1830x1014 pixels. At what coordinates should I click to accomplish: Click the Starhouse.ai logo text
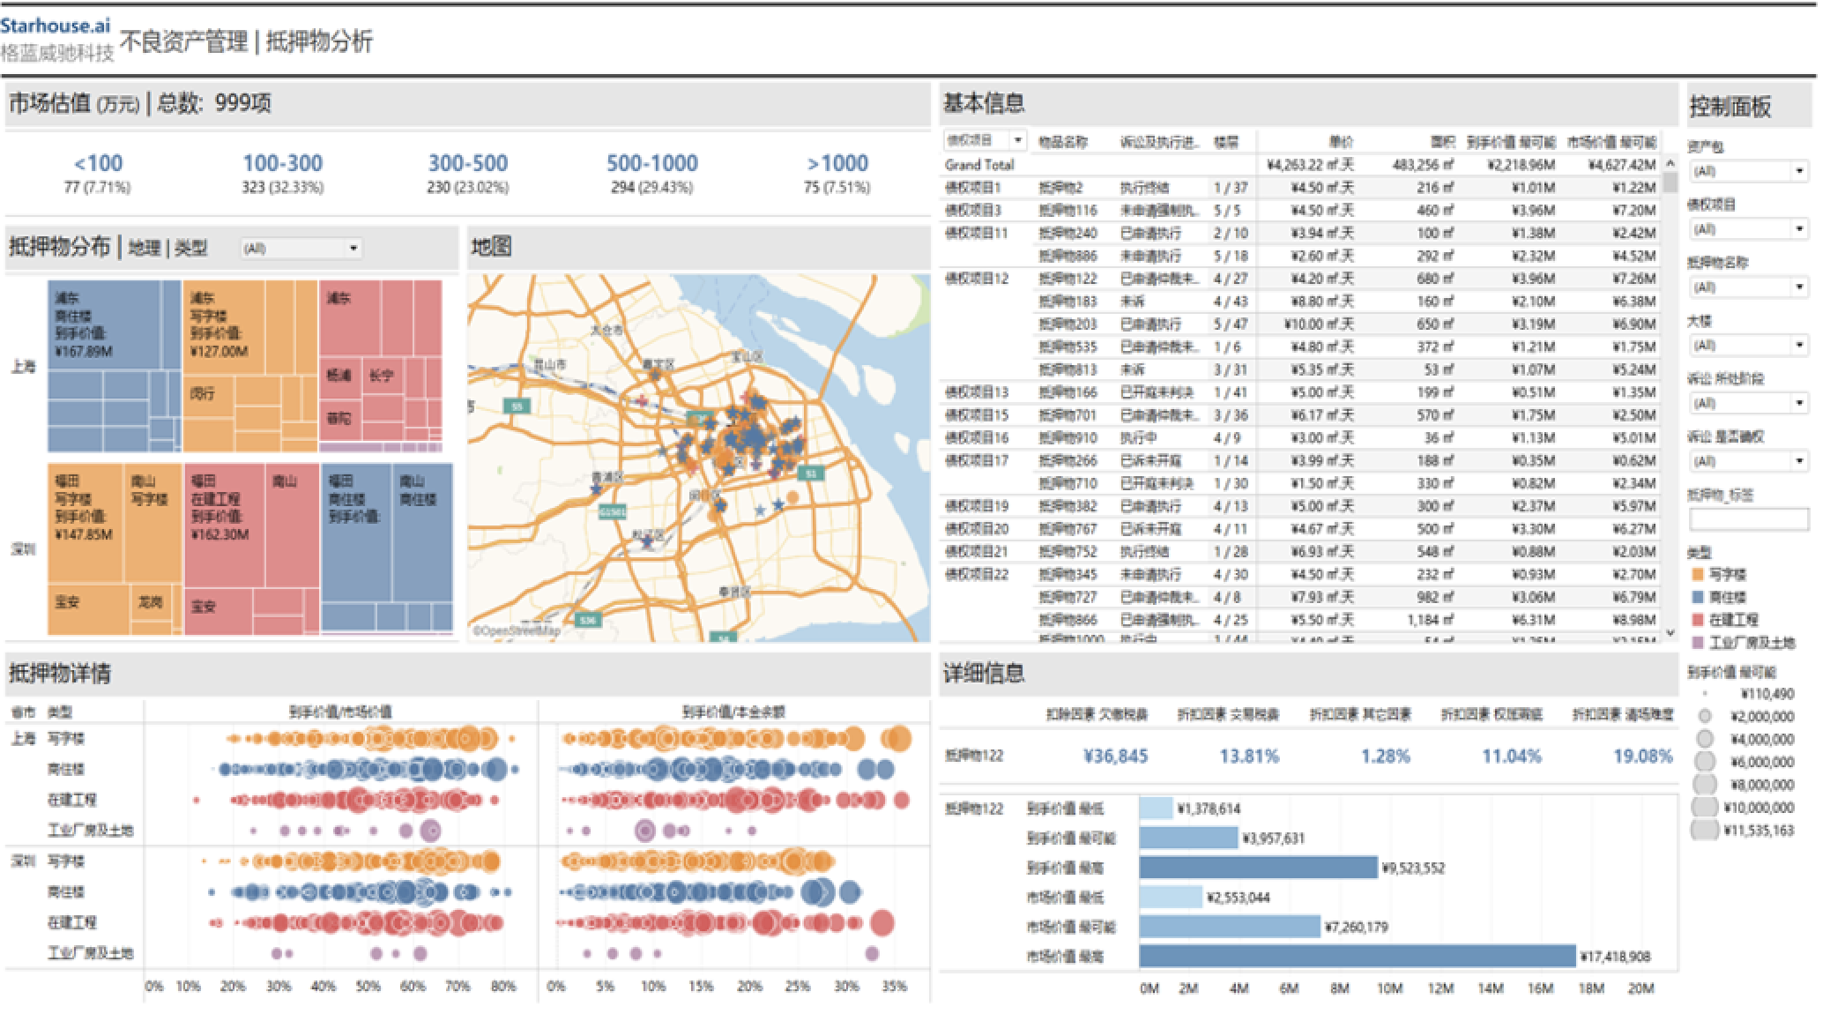tap(56, 25)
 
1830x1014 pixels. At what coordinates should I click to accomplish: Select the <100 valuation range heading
tap(98, 163)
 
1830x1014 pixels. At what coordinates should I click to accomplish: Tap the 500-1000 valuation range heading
tap(651, 163)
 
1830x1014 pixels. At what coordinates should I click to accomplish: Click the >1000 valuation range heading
tap(837, 163)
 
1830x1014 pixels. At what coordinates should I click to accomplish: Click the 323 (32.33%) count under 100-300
tap(282, 187)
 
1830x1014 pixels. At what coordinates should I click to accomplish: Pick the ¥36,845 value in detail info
tap(1115, 756)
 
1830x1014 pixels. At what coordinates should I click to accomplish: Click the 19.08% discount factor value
tap(1642, 756)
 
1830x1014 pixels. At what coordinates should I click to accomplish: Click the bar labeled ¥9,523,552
tap(1257, 868)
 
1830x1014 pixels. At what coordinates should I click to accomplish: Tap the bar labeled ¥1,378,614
tap(1156, 809)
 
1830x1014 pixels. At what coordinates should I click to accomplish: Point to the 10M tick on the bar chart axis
tap(1389, 988)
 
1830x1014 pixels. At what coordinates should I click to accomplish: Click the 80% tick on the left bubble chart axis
tap(502, 987)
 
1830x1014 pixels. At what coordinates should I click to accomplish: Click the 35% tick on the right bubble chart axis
tap(894, 987)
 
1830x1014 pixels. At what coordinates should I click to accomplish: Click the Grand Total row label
tap(979, 165)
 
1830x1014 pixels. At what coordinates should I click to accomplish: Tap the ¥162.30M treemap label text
tap(219, 534)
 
